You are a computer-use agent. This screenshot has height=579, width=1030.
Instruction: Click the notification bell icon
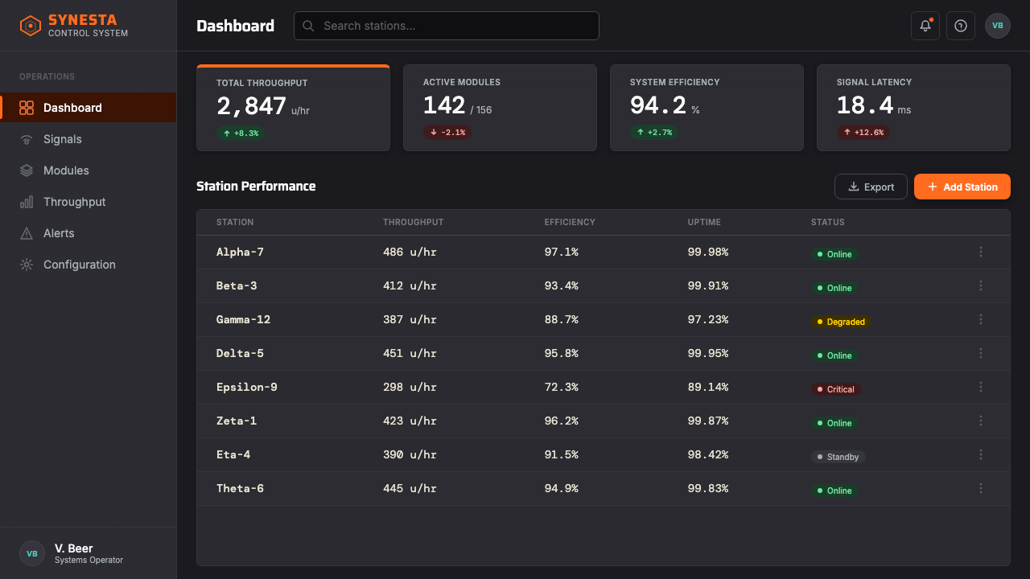click(925, 26)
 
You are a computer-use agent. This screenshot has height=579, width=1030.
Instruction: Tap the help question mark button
click(961, 26)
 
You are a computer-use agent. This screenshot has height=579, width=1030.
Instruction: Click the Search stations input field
click(446, 26)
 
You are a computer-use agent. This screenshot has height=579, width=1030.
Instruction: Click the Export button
click(871, 187)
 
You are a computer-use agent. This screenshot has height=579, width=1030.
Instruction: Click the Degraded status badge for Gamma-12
click(841, 322)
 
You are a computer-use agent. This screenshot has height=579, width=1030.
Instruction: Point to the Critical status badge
click(835, 389)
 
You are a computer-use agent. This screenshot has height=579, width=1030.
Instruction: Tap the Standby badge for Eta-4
click(838, 457)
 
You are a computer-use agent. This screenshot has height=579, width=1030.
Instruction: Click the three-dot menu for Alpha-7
click(981, 252)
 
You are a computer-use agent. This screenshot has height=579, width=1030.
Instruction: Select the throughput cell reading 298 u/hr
click(410, 387)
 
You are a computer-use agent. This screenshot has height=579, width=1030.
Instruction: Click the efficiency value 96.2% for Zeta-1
click(561, 421)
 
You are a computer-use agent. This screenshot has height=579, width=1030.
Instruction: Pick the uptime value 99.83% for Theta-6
click(707, 488)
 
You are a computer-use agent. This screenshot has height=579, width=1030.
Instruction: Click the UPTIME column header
click(704, 222)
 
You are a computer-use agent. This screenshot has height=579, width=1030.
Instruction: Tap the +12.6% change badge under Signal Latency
click(863, 133)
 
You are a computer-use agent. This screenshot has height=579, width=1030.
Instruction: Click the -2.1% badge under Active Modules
click(447, 133)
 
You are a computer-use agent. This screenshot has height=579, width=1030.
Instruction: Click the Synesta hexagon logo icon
click(31, 26)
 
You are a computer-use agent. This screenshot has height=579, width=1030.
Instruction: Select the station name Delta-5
click(240, 353)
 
